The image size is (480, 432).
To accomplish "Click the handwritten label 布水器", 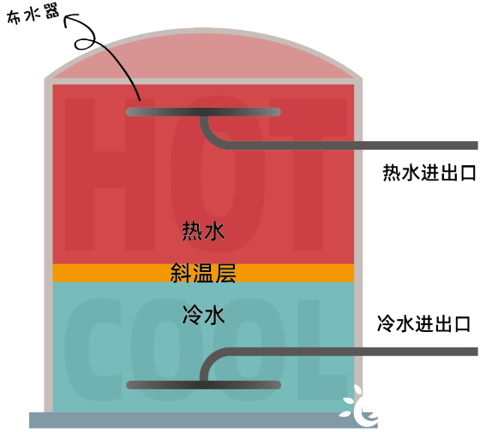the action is [x=33, y=15].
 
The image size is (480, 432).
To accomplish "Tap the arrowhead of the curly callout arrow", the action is [x=69, y=19].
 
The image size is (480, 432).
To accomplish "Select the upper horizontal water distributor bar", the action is [x=204, y=112].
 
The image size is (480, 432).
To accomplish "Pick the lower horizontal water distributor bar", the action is [x=204, y=385].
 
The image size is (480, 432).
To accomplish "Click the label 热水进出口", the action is [x=429, y=173].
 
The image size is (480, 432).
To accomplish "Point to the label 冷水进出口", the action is [x=423, y=324].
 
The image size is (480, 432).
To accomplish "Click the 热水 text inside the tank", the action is [x=204, y=231].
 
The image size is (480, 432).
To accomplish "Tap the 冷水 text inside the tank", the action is [x=204, y=315].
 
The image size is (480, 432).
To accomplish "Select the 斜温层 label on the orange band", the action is [x=203, y=273].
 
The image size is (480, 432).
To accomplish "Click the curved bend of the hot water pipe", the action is [x=209, y=137].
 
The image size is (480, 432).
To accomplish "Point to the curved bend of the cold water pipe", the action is [x=209, y=360].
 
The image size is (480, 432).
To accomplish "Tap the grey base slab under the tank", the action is [x=204, y=420].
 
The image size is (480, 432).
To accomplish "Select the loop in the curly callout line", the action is [x=85, y=43].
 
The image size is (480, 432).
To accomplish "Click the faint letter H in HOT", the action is [x=110, y=175].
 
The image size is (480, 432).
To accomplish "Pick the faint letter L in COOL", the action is [x=321, y=349].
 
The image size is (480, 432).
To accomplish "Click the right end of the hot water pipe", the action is [x=477, y=145].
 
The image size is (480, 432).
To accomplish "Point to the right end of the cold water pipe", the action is [x=477, y=352].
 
